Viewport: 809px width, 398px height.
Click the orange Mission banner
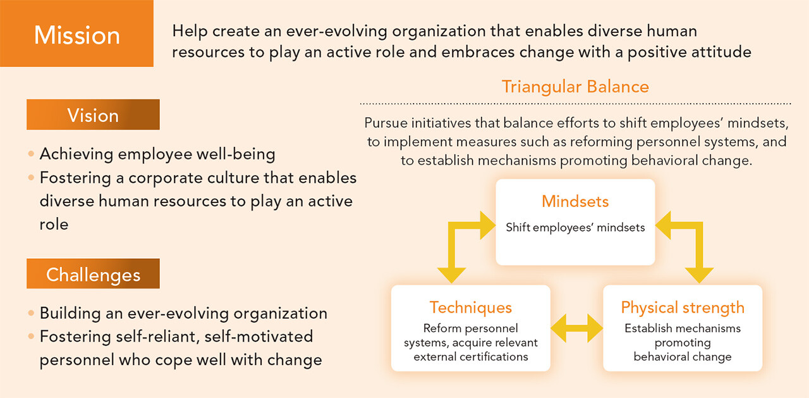coord(76,34)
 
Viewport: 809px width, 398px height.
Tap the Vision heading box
coord(93,115)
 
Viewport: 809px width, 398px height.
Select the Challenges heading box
coord(93,273)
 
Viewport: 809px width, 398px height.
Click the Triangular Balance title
coord(575,87)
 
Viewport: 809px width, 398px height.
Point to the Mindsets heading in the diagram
coord(575,201)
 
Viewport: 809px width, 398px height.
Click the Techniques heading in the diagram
coord(471,308)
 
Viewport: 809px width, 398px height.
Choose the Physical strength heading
coord(683,308)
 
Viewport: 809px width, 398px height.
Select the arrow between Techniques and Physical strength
coord(577,328)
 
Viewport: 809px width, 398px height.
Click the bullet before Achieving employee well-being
coord(31,154)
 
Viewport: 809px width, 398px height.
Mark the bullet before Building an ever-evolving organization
coord(31,313)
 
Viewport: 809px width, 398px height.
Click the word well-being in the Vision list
coord(236,154)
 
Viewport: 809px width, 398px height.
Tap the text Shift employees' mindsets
coord(575,227)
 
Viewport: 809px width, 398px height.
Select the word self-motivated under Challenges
coord(259,337)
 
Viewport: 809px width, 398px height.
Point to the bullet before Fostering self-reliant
coord(31,337)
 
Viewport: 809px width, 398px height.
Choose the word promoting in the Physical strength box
coord(683,343)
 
